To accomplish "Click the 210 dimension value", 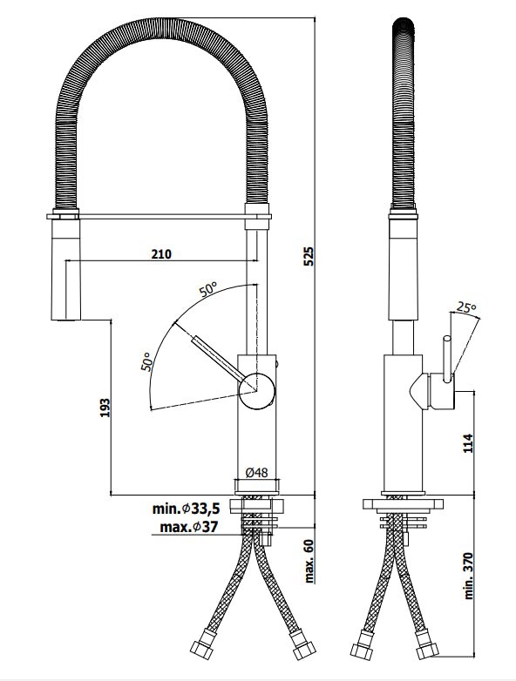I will click(x=160, y=254).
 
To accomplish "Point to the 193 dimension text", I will click(x=104, y=408).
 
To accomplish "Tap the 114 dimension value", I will click(x=466, y=442).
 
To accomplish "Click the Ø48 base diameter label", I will click(x=255, y=472).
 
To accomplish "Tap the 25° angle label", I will click(x=466, y=307).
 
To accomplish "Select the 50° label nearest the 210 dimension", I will click(x=207, y=291).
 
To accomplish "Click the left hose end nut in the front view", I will click(x=200, y=651).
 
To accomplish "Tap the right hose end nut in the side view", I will click(x=426, y=651).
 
